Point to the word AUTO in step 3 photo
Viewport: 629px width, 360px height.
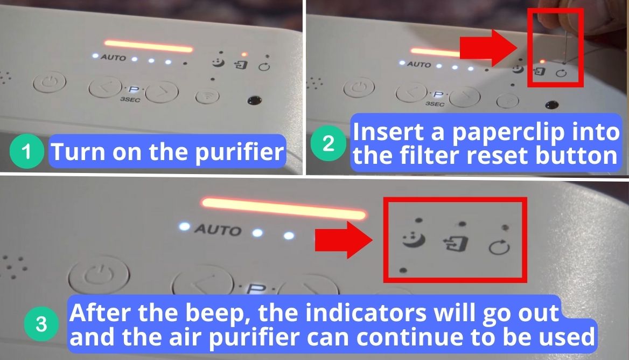(218, 230)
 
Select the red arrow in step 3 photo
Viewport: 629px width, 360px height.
(344, 239)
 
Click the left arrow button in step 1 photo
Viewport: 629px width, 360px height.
(102, 89)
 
